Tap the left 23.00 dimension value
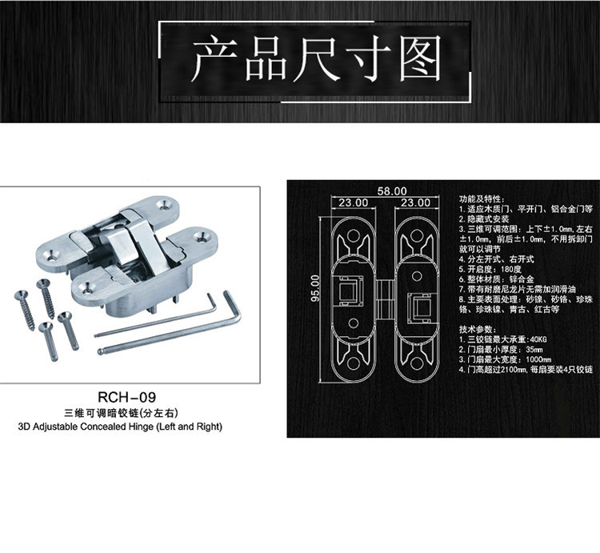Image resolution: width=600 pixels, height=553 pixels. point(353,203)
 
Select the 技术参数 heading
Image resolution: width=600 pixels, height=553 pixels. point(475,330)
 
